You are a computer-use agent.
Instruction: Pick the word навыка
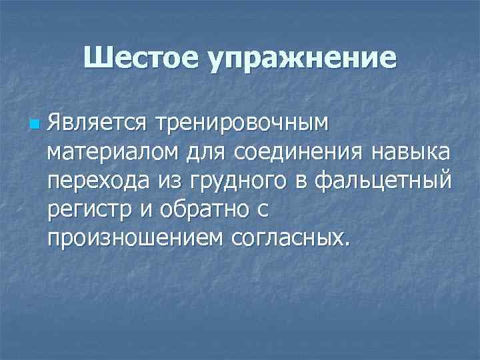[412, 153]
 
